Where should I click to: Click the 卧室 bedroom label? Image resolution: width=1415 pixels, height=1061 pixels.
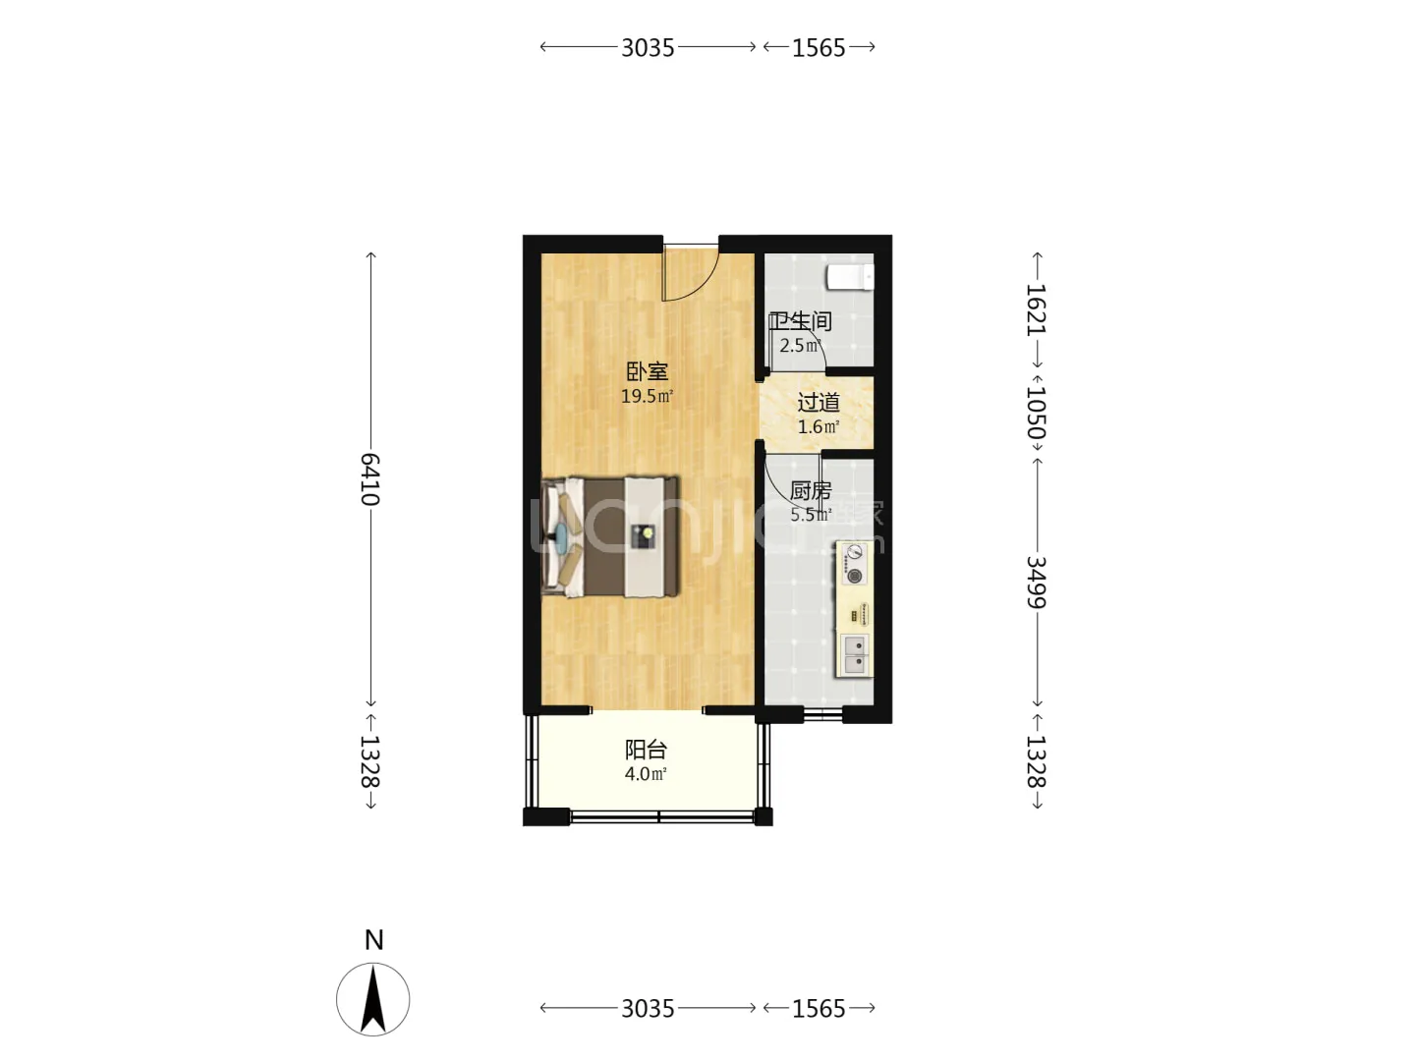coord(647,371)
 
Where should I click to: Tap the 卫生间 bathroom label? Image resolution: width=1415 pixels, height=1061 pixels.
coord(801,321)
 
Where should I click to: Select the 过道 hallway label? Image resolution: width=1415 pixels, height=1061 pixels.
coord(819,403)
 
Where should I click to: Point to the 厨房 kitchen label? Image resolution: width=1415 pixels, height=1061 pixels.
coord(811,491)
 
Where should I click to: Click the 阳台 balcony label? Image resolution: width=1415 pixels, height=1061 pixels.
coord(646,750)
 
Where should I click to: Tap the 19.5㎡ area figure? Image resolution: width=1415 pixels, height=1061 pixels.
coord(647,396)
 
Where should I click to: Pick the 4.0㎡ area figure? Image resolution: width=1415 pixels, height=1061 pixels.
coord(646,774)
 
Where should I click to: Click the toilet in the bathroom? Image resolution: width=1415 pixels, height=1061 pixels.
coord(850,278)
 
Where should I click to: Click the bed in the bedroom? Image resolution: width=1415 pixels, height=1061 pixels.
coord(610,536)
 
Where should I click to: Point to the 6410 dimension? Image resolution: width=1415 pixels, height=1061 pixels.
coord(370,479)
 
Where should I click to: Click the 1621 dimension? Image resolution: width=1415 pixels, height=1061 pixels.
coord(1036,309)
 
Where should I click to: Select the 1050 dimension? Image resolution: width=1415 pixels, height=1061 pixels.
coord(1036,413)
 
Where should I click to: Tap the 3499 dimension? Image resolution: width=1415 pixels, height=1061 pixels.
coord(1036,582)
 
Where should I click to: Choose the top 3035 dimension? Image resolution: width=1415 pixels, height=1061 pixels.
coord(648,48)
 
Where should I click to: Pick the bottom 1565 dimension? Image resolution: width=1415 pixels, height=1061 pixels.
coord(819,1008)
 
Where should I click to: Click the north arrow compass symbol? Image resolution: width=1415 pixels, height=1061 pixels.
coord(372,999)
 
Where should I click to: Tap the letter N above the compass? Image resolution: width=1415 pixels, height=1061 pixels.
coord(374,940)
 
